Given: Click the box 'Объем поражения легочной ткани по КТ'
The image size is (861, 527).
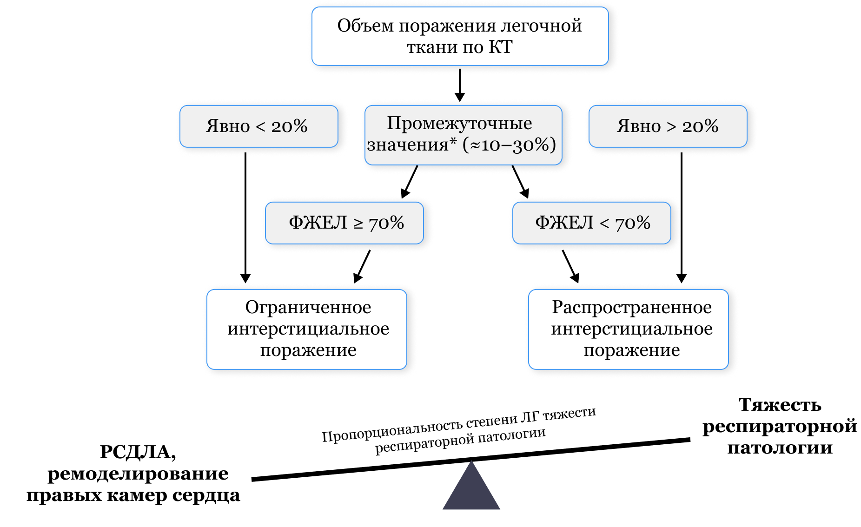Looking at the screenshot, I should (459, 36).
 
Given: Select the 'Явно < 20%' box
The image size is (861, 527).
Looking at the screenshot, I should (258, 126).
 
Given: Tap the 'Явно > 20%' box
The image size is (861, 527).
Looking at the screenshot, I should (668, 126).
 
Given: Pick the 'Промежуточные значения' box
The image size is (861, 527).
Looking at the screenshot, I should (463, 135).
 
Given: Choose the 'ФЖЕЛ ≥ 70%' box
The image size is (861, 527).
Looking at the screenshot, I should (344, 223).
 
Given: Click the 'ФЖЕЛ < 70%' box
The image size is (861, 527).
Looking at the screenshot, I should (591, 223).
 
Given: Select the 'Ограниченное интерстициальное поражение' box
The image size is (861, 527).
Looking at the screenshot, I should (307, 329).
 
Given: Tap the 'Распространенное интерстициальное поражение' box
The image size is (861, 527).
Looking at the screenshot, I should (629, 329).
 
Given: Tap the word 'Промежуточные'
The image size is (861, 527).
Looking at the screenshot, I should (459, 124).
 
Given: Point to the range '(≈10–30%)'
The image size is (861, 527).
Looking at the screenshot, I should (510, 145).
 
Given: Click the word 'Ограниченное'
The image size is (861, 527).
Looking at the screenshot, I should (308, 307).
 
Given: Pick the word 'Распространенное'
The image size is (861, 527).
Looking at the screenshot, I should (631, 307).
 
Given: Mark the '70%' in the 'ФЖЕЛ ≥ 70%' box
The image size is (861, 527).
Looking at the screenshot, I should (386, 223).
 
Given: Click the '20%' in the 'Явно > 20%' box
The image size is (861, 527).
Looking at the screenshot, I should (700, 126).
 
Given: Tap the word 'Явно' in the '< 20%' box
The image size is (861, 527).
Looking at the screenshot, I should (228, 126).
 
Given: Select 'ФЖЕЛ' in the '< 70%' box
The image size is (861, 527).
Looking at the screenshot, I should (564, 223).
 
